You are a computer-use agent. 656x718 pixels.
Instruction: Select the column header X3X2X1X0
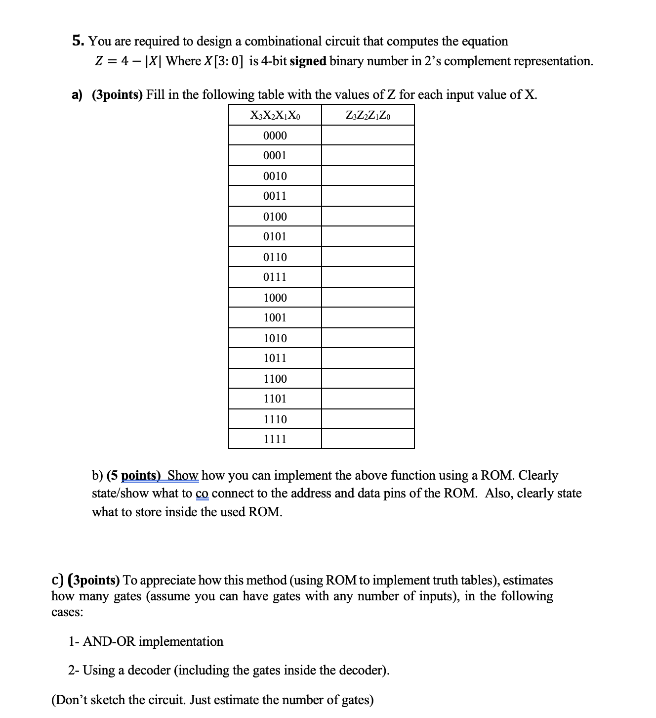pyautogui.click(x=275, y=116)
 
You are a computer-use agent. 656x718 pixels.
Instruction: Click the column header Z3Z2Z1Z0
pyautogui.click(x=368, y=116)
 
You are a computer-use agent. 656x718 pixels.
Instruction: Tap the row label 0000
pyautogui.click(x=275, y=135)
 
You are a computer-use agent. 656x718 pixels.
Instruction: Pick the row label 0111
pyautogui.click(x=275, y=277)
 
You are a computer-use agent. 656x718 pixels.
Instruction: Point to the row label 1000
pyautogui.click(x=275, y=298)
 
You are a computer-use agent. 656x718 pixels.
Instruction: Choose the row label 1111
pyautogui.click(x=275, y=439)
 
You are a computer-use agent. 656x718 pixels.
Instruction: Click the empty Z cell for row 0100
pyautogui.click(x=368, y=217)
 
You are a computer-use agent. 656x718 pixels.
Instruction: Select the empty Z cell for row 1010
pyautogui.click(x=368, y=338)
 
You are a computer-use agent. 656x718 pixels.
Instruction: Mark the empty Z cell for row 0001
pyautogui.click(x=368, y=156)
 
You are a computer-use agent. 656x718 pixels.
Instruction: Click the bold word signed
pyautogui.click(x=308, y=61)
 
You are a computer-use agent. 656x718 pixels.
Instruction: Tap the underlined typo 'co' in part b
pyautogui.click(x=202, y=494)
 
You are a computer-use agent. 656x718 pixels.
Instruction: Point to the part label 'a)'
pyautogui.click(x=77, y=95)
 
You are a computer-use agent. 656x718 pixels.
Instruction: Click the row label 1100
pyautogui.click(x=275, y=379)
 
